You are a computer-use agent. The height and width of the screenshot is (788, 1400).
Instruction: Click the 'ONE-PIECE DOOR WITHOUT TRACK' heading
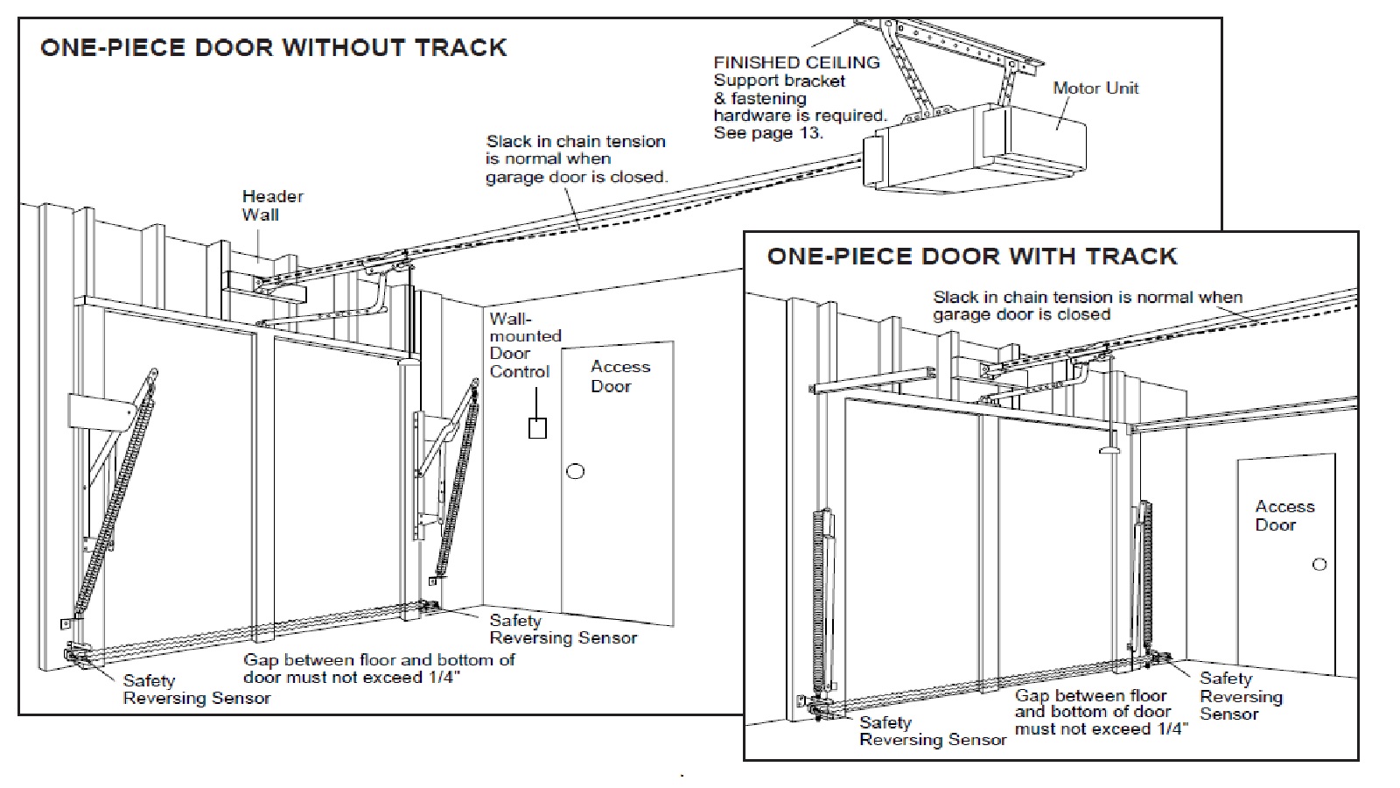[x=273, y=47]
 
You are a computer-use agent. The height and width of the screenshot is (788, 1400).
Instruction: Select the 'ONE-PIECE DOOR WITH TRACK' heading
[x=971, y=257]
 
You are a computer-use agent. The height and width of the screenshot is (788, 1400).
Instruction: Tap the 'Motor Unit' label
[x=1095, y=88]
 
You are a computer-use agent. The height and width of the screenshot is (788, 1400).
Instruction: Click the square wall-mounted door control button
[x=537, y=428]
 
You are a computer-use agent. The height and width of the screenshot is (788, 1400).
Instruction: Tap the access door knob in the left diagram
[x=575, y=471]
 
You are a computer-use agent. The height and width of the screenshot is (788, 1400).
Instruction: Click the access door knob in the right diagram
[x=1319, y=565]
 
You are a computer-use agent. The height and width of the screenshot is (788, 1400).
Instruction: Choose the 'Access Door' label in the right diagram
[x=1284, y=516]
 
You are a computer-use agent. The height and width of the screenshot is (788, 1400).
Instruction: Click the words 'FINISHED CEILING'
[x=796, y=62]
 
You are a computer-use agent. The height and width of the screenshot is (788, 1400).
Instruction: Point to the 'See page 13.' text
[x=768, y=133]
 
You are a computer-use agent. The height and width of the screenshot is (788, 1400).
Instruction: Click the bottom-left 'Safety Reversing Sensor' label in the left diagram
[x=196, y=689]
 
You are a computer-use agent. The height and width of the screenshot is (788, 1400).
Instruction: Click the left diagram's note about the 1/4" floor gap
[x=378, y=668]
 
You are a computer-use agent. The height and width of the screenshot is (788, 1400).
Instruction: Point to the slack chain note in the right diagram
[x=1087, y=306]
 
